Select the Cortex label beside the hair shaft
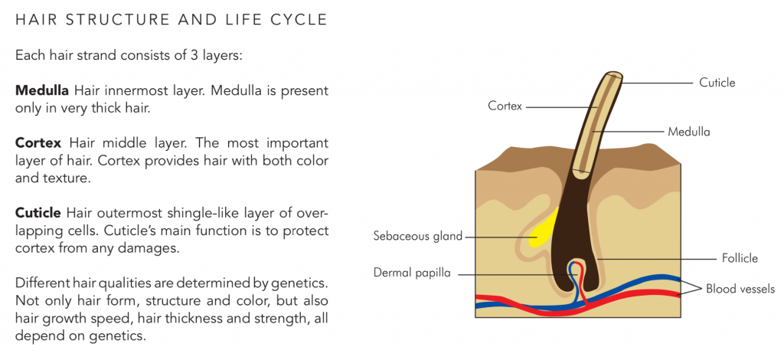pos(505,106)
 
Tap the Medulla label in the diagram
pos(689,132)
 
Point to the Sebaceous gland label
pos(418,236)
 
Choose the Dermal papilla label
pos(413,273)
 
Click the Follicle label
pos(739,258)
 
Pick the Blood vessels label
pos(740,289)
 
